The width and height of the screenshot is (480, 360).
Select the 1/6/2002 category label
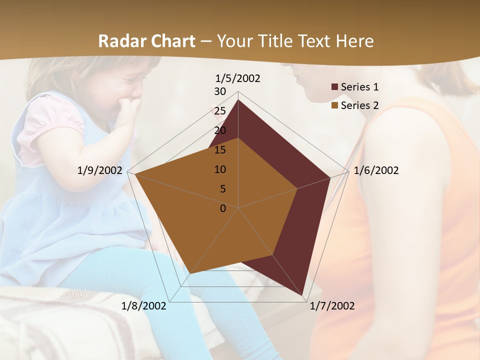click(376, 170)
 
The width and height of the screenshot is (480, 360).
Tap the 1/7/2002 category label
click(332, 306)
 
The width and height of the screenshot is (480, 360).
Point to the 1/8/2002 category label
click(144, 306)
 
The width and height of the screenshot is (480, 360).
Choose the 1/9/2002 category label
click(100, 170)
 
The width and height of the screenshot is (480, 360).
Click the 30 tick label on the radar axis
click(220, 91)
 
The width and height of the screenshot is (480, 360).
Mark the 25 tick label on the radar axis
click(220, 111)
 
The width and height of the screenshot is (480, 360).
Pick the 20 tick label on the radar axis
click(220, 130)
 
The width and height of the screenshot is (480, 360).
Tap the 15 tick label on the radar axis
click(220, 150)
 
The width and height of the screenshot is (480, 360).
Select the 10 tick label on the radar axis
click(220, 169)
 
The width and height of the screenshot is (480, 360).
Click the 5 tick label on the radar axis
click(222, 189)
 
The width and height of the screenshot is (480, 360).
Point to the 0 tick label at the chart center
click(223, 208)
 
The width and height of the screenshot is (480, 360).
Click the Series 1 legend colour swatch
click(334, 87)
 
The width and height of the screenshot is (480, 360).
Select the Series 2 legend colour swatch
click(334, 105)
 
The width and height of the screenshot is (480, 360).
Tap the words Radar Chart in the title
click(146, 41)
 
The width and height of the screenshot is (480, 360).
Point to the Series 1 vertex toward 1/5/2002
click(238, 100)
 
